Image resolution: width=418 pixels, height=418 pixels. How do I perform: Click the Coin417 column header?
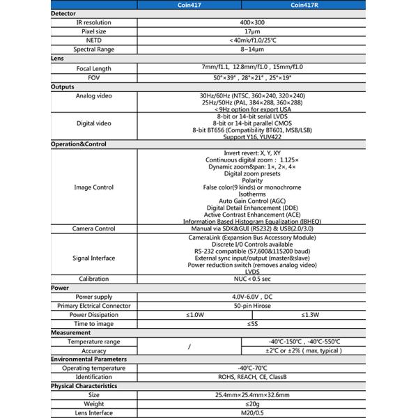coord(189,4)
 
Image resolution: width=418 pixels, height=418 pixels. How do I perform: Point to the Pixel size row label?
coord(94,32)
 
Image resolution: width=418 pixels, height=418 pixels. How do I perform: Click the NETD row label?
coord(94,41)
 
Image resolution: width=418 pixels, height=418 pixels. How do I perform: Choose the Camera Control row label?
coord(94,228)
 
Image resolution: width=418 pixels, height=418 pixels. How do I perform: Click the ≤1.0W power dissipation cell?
coord(189,314)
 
